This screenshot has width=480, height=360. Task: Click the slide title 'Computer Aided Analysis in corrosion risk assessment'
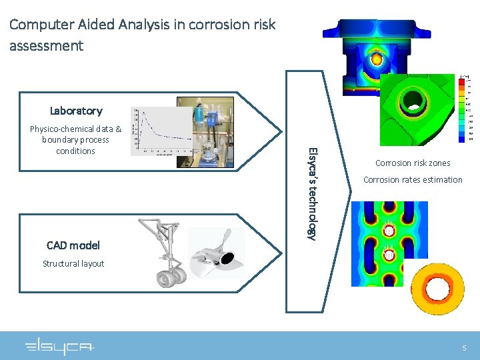pos(142,35)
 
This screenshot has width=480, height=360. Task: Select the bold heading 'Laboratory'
pos(76,111)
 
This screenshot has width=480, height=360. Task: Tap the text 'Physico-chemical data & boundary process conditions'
pos(76,140)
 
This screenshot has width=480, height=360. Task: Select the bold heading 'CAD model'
pos(73,245)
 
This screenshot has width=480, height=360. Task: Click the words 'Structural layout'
pos(73,263)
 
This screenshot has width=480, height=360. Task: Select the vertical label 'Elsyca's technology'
pos(311,193)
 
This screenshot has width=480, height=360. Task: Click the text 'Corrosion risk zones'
pos(413,163)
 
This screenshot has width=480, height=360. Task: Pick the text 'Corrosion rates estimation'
pos(413,179)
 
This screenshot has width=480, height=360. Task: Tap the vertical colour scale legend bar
pos(463,109)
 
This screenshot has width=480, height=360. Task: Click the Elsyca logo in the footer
pos(60,347)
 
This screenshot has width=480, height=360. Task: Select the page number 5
pos(465,348)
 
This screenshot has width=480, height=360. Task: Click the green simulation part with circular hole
pos(417,107)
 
